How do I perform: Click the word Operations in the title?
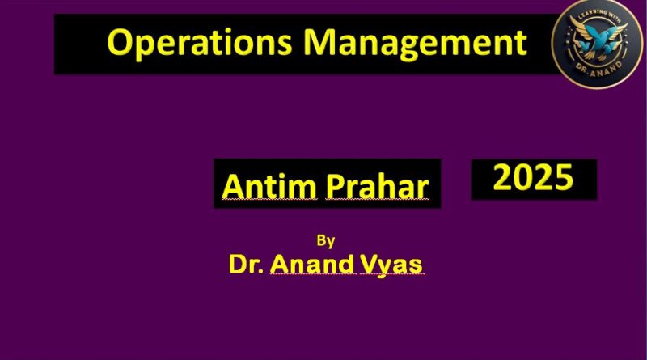tap(200, 43)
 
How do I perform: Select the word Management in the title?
tap(416, 44)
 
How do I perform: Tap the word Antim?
tap(269, 187)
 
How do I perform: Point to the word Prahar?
tap(377, 188)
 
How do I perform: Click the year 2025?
tap(533, 177)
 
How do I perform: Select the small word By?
tap(326, 241)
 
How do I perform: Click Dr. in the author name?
tap(247, 264)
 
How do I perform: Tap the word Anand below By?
tap(312, 264)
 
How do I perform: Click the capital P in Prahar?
tap(336, 187)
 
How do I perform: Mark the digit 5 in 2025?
tap(564, 177)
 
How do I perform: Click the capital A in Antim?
tap(234, 187)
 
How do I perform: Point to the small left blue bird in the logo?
tap(583, 46)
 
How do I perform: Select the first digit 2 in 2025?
tap(502, 177)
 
